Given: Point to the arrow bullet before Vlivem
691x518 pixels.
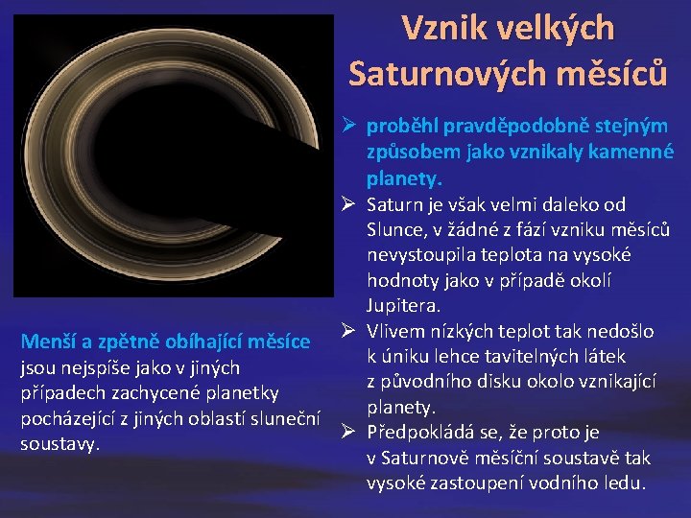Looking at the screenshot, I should (349, 332).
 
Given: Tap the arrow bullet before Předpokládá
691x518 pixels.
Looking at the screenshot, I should (349, 432).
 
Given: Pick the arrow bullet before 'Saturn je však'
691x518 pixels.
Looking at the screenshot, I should (349, 204).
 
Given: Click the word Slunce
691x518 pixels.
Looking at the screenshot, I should (394, 230).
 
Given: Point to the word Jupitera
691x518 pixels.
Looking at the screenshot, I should (402, 306).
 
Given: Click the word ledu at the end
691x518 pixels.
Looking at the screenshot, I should (625, 483).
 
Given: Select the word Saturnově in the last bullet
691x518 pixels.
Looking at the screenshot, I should (428, 458).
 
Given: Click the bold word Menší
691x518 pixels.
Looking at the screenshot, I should (47, 342).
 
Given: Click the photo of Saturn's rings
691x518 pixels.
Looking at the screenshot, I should (178, 163).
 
